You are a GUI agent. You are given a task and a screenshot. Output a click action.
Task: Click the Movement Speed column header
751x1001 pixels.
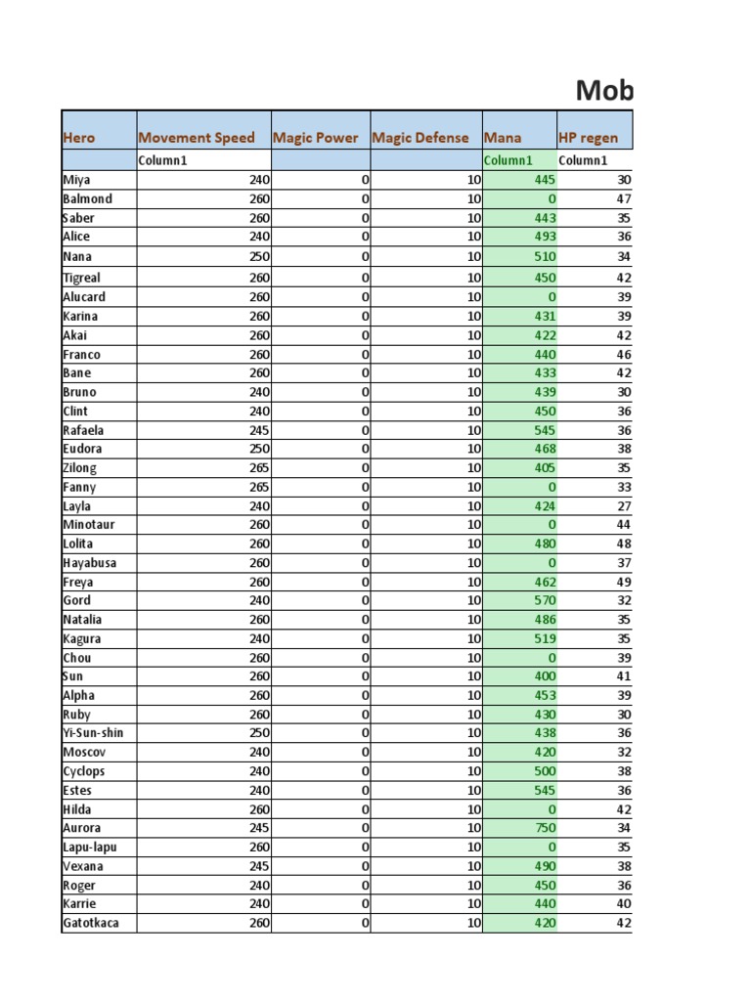197,138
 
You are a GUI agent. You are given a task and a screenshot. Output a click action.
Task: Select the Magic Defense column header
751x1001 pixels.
420,138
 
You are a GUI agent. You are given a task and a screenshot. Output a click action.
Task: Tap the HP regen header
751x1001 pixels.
588,138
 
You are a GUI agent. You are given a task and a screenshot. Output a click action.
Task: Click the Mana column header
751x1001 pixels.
503,138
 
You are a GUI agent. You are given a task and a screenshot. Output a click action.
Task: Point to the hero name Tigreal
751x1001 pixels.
81,278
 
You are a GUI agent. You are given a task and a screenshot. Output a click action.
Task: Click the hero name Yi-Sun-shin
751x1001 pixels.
93,733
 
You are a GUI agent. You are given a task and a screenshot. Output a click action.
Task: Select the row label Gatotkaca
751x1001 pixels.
91,923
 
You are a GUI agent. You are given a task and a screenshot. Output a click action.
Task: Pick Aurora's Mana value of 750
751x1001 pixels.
545,828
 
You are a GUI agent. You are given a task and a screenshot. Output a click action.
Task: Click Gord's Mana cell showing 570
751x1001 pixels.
545,600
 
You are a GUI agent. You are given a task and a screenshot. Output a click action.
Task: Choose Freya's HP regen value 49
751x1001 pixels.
624,582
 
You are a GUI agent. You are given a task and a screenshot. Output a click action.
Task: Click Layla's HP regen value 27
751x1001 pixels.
624,506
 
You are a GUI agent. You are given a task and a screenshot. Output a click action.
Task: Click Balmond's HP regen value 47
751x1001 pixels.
624,198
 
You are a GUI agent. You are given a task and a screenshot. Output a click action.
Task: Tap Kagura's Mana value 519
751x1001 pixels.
545,638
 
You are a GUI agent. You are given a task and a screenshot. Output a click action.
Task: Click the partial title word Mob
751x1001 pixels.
604,91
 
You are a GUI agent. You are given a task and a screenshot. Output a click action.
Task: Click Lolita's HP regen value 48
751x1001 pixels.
624,544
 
